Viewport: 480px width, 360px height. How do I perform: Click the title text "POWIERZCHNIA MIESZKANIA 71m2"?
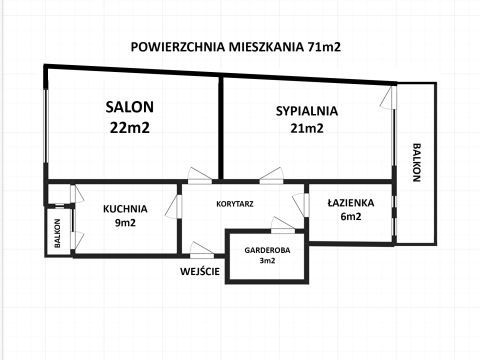[x=236, y=47]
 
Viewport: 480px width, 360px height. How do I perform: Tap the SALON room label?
[x=130, y=107]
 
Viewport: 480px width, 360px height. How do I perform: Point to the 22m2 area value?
[x=130, y=127]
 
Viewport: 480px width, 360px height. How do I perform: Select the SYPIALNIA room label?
[x=307, y=111]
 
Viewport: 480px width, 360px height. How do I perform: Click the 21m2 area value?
[x=307, y=128]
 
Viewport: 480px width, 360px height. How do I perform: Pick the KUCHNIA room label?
[x=125, y=209]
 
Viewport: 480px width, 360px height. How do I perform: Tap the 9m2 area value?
[x=125, y=223]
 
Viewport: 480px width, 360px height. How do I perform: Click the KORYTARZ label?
[x=235, y=204]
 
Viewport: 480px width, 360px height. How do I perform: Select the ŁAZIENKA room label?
[x=351, y=202]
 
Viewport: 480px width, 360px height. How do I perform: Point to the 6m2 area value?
[x=351, y=217]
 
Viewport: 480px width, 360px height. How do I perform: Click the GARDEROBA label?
[x=267, y=250]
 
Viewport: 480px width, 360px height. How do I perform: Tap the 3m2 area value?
[x=267, y=261]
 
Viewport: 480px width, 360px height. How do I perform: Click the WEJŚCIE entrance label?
[x=200, y=271]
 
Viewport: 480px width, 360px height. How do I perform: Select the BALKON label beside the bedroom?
[x=416, y=162]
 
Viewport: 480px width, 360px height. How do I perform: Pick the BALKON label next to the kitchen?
[x=58, y=233]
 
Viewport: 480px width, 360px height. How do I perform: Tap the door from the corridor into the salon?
[x=200, y=175]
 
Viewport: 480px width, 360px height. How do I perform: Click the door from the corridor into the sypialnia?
[x=271, y=175]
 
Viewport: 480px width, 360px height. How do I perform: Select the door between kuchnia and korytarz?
[x=174, y=207]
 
